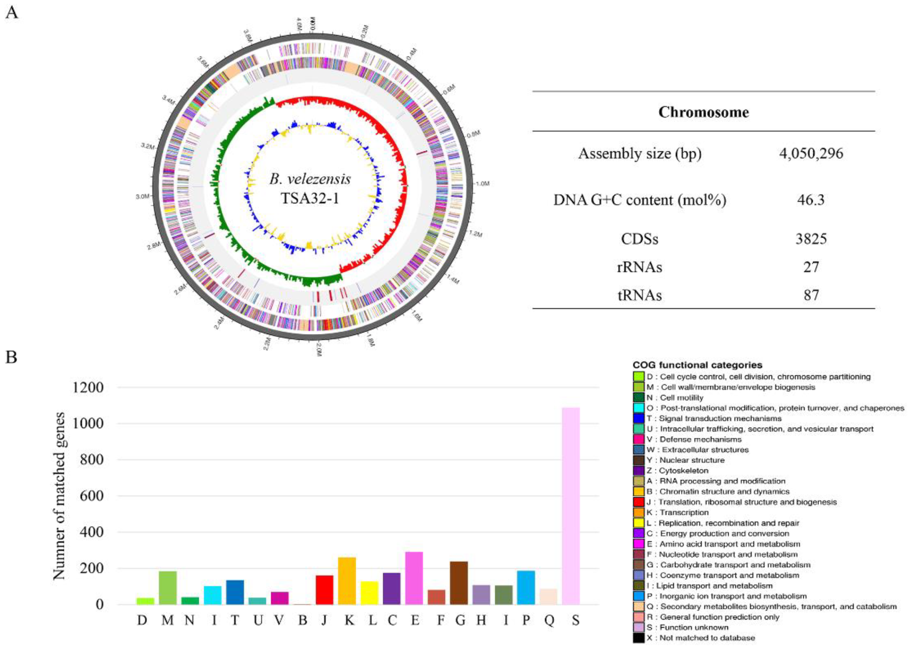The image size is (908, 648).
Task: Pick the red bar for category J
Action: click(x=324, y=589)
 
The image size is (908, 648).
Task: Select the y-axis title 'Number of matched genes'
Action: click(x=59, y=496)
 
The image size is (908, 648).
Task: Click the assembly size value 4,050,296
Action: click(x=811, y=154)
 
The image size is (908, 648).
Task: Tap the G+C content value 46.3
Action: click(x=811, y=200)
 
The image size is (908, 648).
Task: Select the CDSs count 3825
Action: click(x=811, y=239)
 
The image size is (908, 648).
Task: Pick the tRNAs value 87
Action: click(x=811, y=295)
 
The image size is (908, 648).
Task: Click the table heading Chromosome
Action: click(x=703, y=112)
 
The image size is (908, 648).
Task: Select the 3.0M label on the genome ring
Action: click(x=142, y=197)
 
